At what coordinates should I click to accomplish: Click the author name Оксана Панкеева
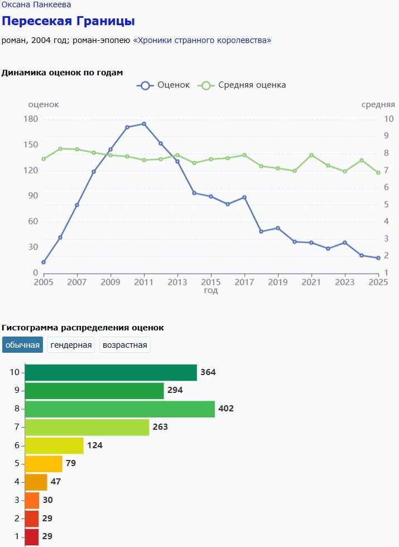pos(36,5)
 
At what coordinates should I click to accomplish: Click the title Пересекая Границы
pos(68,21)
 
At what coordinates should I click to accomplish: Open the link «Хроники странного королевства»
pos(202,40)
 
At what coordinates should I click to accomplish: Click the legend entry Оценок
pos(165,85)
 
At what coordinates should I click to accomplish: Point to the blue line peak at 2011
pos(144,124)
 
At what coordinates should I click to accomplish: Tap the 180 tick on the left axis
pos(31,119)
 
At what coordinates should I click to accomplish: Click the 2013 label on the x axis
pos(177,282)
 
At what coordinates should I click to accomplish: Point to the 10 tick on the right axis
pos(388,119)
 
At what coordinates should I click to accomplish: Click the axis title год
pos(211,291)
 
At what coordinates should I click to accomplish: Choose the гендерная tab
pos(71,345)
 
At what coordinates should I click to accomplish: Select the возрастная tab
pos(125,345)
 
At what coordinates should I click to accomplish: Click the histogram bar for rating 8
pos(120,409)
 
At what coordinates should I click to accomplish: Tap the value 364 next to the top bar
pos(208,372)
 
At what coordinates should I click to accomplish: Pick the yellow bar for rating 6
pos(54,445)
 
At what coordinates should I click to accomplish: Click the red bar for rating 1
pos(32,536)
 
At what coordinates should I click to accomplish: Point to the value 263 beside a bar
pos(160,427)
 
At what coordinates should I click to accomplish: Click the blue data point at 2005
pos(44,262)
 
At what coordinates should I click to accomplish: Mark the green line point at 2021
pos(311,155)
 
